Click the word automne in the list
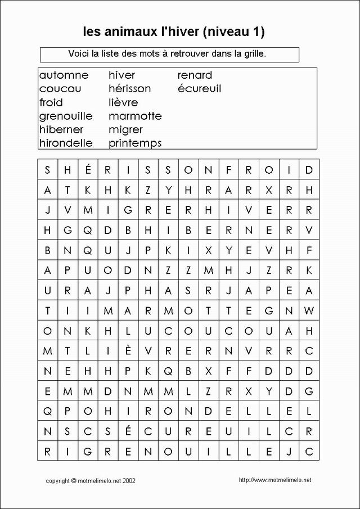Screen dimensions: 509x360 (64, 75)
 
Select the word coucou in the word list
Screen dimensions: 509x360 (60, 89)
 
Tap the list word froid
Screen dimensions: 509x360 (51, 102)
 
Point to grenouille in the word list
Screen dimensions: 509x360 (66, 116)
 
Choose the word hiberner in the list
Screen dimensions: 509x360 (61, 130)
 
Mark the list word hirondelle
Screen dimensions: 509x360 (66, 143)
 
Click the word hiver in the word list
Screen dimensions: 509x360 (122, 75)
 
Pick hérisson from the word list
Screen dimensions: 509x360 (130, 89)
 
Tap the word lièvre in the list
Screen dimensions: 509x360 (123, 102)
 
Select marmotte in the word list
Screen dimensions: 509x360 (135, 116)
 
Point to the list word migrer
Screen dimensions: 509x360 (125, 130)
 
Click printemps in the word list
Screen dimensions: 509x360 (135, 143)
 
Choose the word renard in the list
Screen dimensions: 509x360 (195, 75)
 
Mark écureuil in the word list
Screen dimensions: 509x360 (199, 89)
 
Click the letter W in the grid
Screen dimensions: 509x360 (308, 310)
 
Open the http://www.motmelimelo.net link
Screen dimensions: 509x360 (274, 480)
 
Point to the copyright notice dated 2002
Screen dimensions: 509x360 (90, 481)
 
